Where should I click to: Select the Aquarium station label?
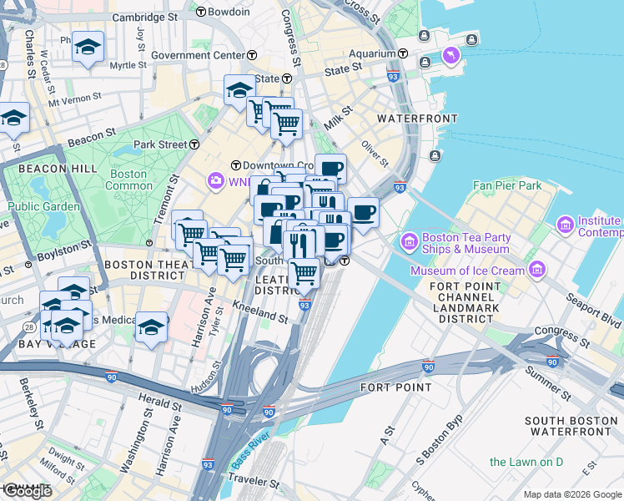(x=372, y=53)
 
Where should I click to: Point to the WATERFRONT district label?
(x=417, y=119)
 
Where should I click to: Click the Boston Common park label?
(x=128, y=180)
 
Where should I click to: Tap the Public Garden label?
(x=43, y=206)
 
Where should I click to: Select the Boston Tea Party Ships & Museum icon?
(x=410, y=242)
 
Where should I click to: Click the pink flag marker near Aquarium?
(x=451, y=55)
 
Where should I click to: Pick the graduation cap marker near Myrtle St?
(x=87, y=48)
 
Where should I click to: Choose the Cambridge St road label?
(x=145, y=16)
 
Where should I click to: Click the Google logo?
(x=28, y=491)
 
